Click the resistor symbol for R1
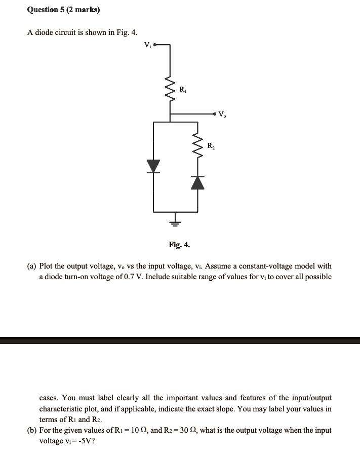(x=170, y=90)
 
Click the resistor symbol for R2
(x=198, y=146)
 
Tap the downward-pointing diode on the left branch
(x=153, y=166)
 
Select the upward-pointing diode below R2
(x=198, y=182)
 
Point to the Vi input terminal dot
(x=155, y=45)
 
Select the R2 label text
(x=211, y=146)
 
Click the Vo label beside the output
(x=223, y=115)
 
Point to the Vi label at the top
(x=147, y=44)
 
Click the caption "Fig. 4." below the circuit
(x=180, y=245)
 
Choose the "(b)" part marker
(x=31, y=430)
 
